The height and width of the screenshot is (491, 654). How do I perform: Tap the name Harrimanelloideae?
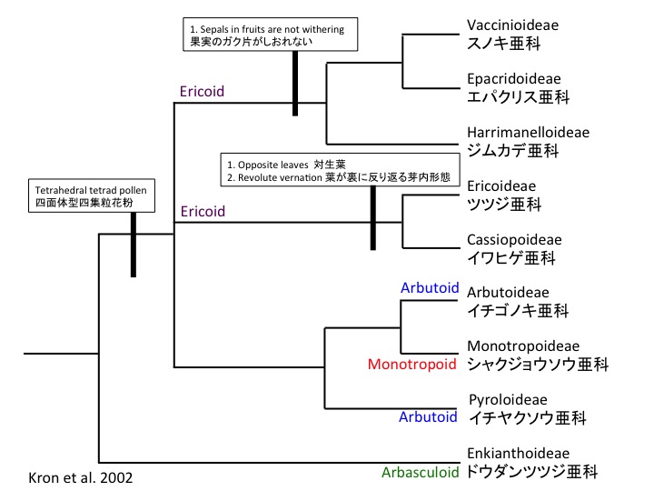pos(527,132)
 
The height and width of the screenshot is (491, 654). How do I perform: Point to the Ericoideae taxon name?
pos(500,185)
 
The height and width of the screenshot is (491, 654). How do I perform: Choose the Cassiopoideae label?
pos(513,239)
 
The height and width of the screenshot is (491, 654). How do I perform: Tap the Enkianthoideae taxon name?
pos(517,453)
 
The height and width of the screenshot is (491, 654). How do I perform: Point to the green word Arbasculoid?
pos(420,473)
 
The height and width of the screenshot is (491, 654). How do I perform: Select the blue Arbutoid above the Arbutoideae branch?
pos(429,287)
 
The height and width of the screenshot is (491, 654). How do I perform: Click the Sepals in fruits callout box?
pos(267,34)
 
